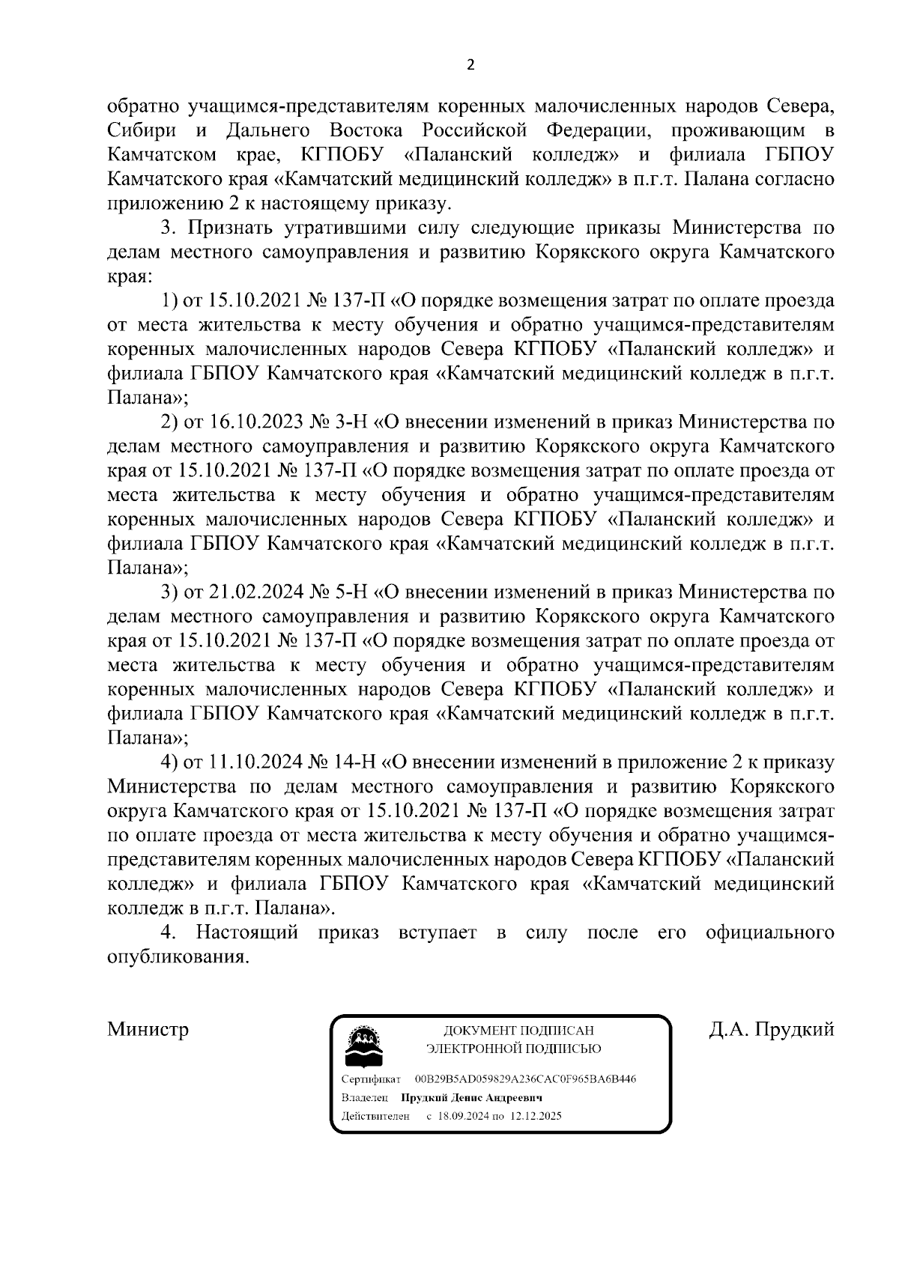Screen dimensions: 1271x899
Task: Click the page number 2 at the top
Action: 470,65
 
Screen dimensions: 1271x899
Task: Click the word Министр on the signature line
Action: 148,1029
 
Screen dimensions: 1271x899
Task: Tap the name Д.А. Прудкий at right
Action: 772,1029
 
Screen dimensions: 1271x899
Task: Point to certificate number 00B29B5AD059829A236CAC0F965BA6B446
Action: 524,1079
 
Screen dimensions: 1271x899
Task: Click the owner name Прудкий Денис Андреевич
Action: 471,1097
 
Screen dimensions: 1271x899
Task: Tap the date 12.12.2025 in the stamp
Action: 536,1115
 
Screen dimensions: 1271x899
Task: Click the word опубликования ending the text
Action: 177,957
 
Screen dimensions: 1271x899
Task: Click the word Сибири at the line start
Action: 142,131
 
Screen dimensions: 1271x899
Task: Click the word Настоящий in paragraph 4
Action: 246,933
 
